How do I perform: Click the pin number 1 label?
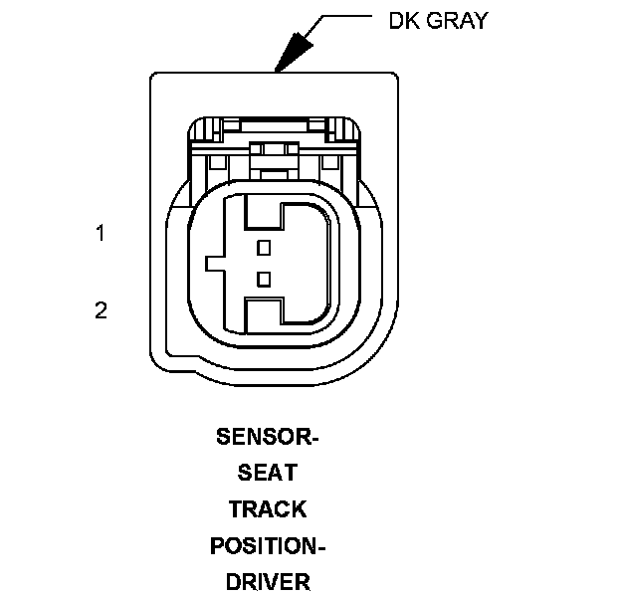101,234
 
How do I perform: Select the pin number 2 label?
101,310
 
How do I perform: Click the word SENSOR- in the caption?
268,436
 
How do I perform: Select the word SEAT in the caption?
268,473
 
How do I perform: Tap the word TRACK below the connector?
268,508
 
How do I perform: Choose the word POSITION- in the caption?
268,545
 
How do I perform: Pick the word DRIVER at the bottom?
268,581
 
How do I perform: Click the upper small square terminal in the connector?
264,247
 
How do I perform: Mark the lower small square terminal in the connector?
264,278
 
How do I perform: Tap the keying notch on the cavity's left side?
215,264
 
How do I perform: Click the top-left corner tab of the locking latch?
202,128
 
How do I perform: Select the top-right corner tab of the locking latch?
344,128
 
